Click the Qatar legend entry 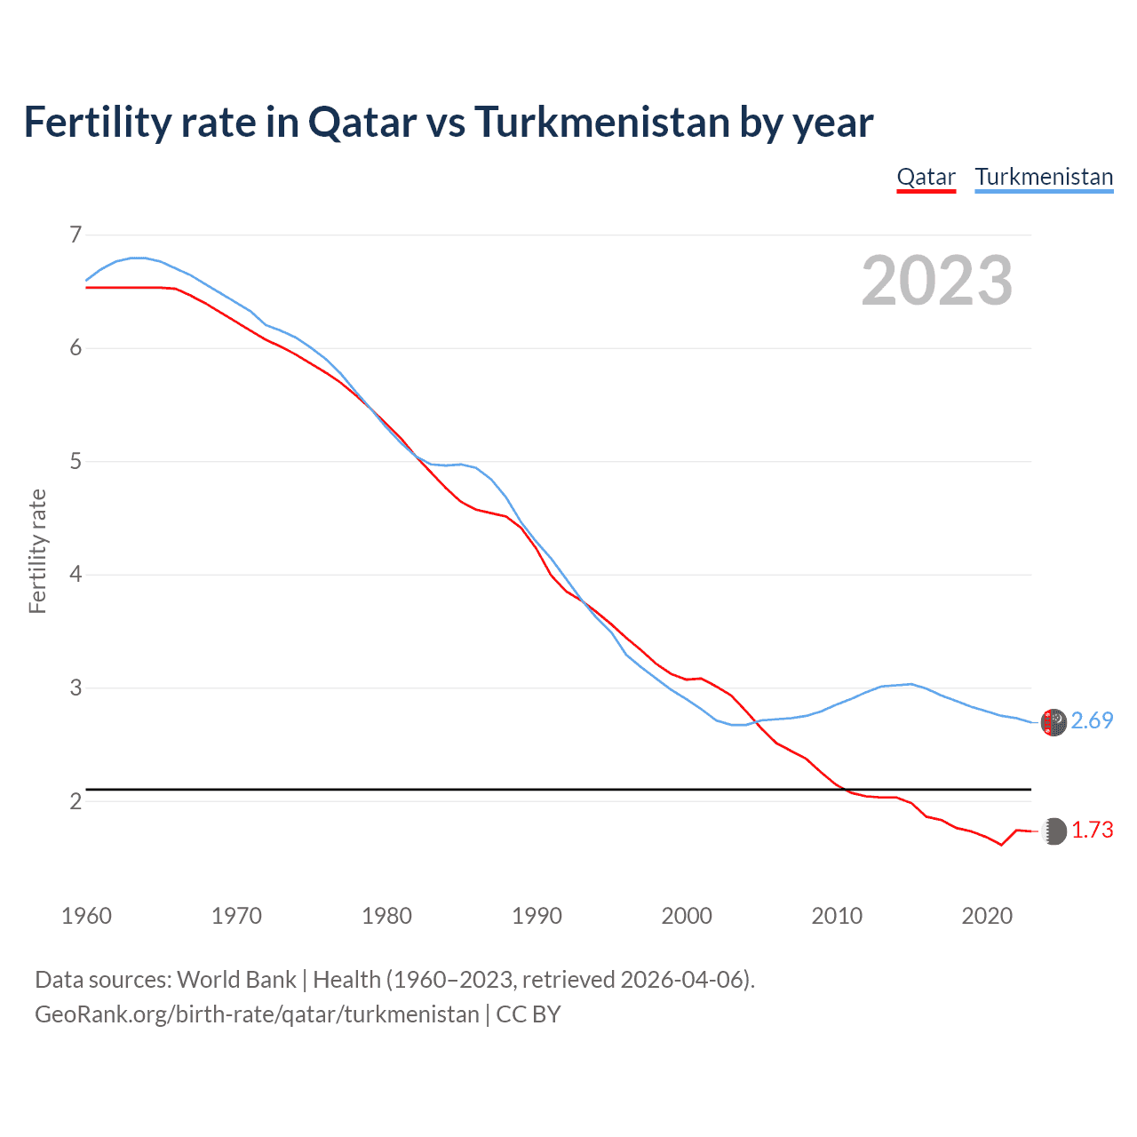[926, 177]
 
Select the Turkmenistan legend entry [1044, 177]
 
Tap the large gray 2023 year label [936, 281]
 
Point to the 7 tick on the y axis [76, 235]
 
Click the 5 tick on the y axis [76, 461]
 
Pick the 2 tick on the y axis [76, 801]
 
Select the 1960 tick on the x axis [86, 916]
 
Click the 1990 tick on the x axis [537, 916]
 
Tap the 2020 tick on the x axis [987, 916]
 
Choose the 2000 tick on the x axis [687, 916]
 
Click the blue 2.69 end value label [1092, 720]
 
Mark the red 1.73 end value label [1092, 830]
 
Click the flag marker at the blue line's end [1054, 722]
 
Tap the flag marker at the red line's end [1054, 831]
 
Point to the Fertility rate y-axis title [37, 551]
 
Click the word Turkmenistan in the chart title [601, 123]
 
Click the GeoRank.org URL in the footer [257, 1014]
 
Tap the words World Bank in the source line [236, 980]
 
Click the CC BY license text [529, 1014]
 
